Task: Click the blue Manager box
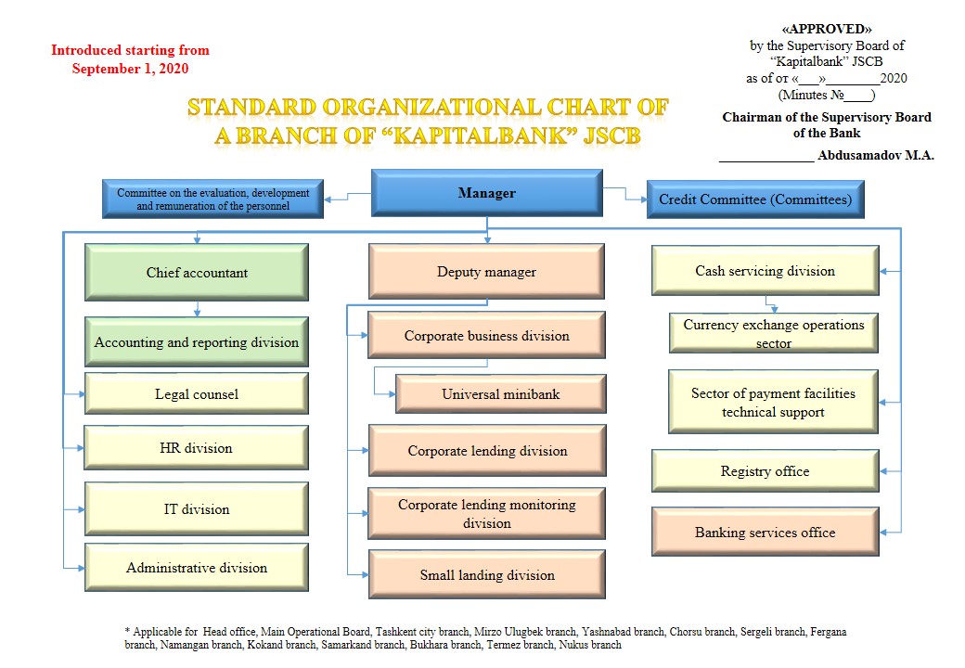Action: click(487, 193)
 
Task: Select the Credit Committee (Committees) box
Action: click(755, 199)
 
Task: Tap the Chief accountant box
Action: click(197, 273)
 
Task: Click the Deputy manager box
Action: click(486, 271)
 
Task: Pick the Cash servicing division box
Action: click(765, 271)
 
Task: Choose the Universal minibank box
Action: click(500, 393)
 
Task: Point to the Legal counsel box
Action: click(197, 393)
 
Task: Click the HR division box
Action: click(197, 448)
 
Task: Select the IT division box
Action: click(197, 508)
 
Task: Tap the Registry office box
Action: click(765, 471)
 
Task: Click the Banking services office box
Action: click(765, 532)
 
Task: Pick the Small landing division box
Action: click(487, 574)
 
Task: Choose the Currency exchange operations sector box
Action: click(774, 333)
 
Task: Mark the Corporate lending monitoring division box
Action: click(487, 514)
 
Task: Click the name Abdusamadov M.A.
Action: click(876, 156)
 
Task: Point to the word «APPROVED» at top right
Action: click(827, 29)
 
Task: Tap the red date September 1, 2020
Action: click(130, 69)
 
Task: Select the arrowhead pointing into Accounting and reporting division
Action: click(197, 313)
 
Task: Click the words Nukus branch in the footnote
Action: click(589, 645)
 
